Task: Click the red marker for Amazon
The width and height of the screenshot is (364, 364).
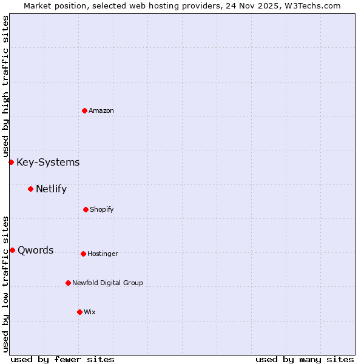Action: coord(84,110)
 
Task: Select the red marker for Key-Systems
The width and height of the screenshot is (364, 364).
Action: coord(11,162)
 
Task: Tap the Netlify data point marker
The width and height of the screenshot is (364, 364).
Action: coord(30,189)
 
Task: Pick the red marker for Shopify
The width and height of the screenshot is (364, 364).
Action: coord(86,209)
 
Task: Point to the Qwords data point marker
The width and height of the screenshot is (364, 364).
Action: coord(12,250)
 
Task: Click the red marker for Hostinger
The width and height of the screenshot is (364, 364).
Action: coord(83,254)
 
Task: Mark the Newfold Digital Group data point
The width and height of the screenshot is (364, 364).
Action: coord(68,283)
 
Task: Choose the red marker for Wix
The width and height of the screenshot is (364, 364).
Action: coord(79,312)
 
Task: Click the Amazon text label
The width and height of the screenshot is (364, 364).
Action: coord(101,110)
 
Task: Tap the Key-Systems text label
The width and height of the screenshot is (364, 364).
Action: coord(48,162)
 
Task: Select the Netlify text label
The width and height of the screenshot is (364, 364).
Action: coord(51,189)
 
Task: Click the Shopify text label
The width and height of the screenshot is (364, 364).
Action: coord(102,209)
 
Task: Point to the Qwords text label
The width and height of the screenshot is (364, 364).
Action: coord(35,250)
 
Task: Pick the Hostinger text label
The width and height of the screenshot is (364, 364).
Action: coord(103,254)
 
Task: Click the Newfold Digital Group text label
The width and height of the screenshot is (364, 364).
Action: coord(107,283)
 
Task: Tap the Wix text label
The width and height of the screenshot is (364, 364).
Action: coord(90,312)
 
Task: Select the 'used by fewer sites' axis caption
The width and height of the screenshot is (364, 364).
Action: coord(62,359)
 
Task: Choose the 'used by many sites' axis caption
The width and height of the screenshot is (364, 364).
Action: coord(305,359)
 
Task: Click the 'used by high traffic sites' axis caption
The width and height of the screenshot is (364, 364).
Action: coord(5,86)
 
